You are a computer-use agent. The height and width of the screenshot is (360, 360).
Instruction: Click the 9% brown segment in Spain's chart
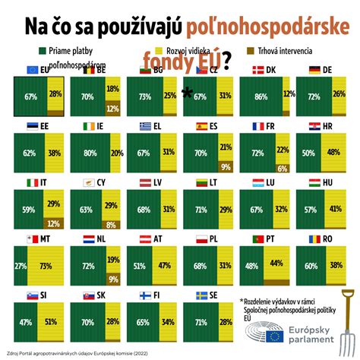[x=226, y=166]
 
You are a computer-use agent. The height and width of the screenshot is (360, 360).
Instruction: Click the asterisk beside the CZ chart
[x=187, y=93]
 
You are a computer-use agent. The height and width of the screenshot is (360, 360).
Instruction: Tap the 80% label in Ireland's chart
[x=90, y=152]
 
